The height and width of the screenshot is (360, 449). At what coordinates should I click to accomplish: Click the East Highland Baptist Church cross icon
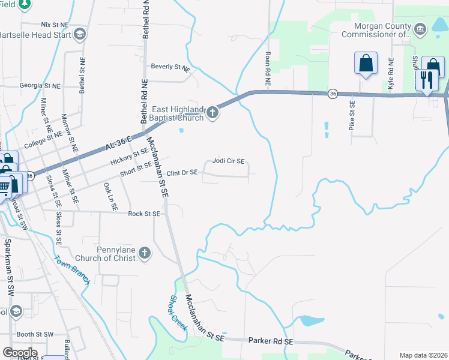click(x=213, y=112)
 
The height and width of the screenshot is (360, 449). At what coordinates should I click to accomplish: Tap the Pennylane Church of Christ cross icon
click(x=145, y=253)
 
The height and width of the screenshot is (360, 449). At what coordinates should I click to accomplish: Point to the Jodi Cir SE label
click(x=228, y=161)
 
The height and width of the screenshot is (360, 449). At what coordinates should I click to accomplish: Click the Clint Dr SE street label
click(x=182, y=173)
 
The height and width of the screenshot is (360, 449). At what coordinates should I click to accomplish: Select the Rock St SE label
click(x=144, y=214)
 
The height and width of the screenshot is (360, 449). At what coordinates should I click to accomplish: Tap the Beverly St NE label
click(x=170, y=67)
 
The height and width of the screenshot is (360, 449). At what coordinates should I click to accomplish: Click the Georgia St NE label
click(x=40, y=86)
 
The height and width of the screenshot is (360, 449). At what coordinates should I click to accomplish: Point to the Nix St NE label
click(x=55, y=25)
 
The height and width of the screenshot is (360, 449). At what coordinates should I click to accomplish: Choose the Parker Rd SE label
click(x=271, y=340)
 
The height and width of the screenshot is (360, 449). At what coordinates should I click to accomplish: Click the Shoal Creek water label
click(x=179, y=311)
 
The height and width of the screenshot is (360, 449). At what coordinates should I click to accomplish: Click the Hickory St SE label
click(x=129, y=158)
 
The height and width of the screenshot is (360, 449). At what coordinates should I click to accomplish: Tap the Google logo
click(x=20, y=353)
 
